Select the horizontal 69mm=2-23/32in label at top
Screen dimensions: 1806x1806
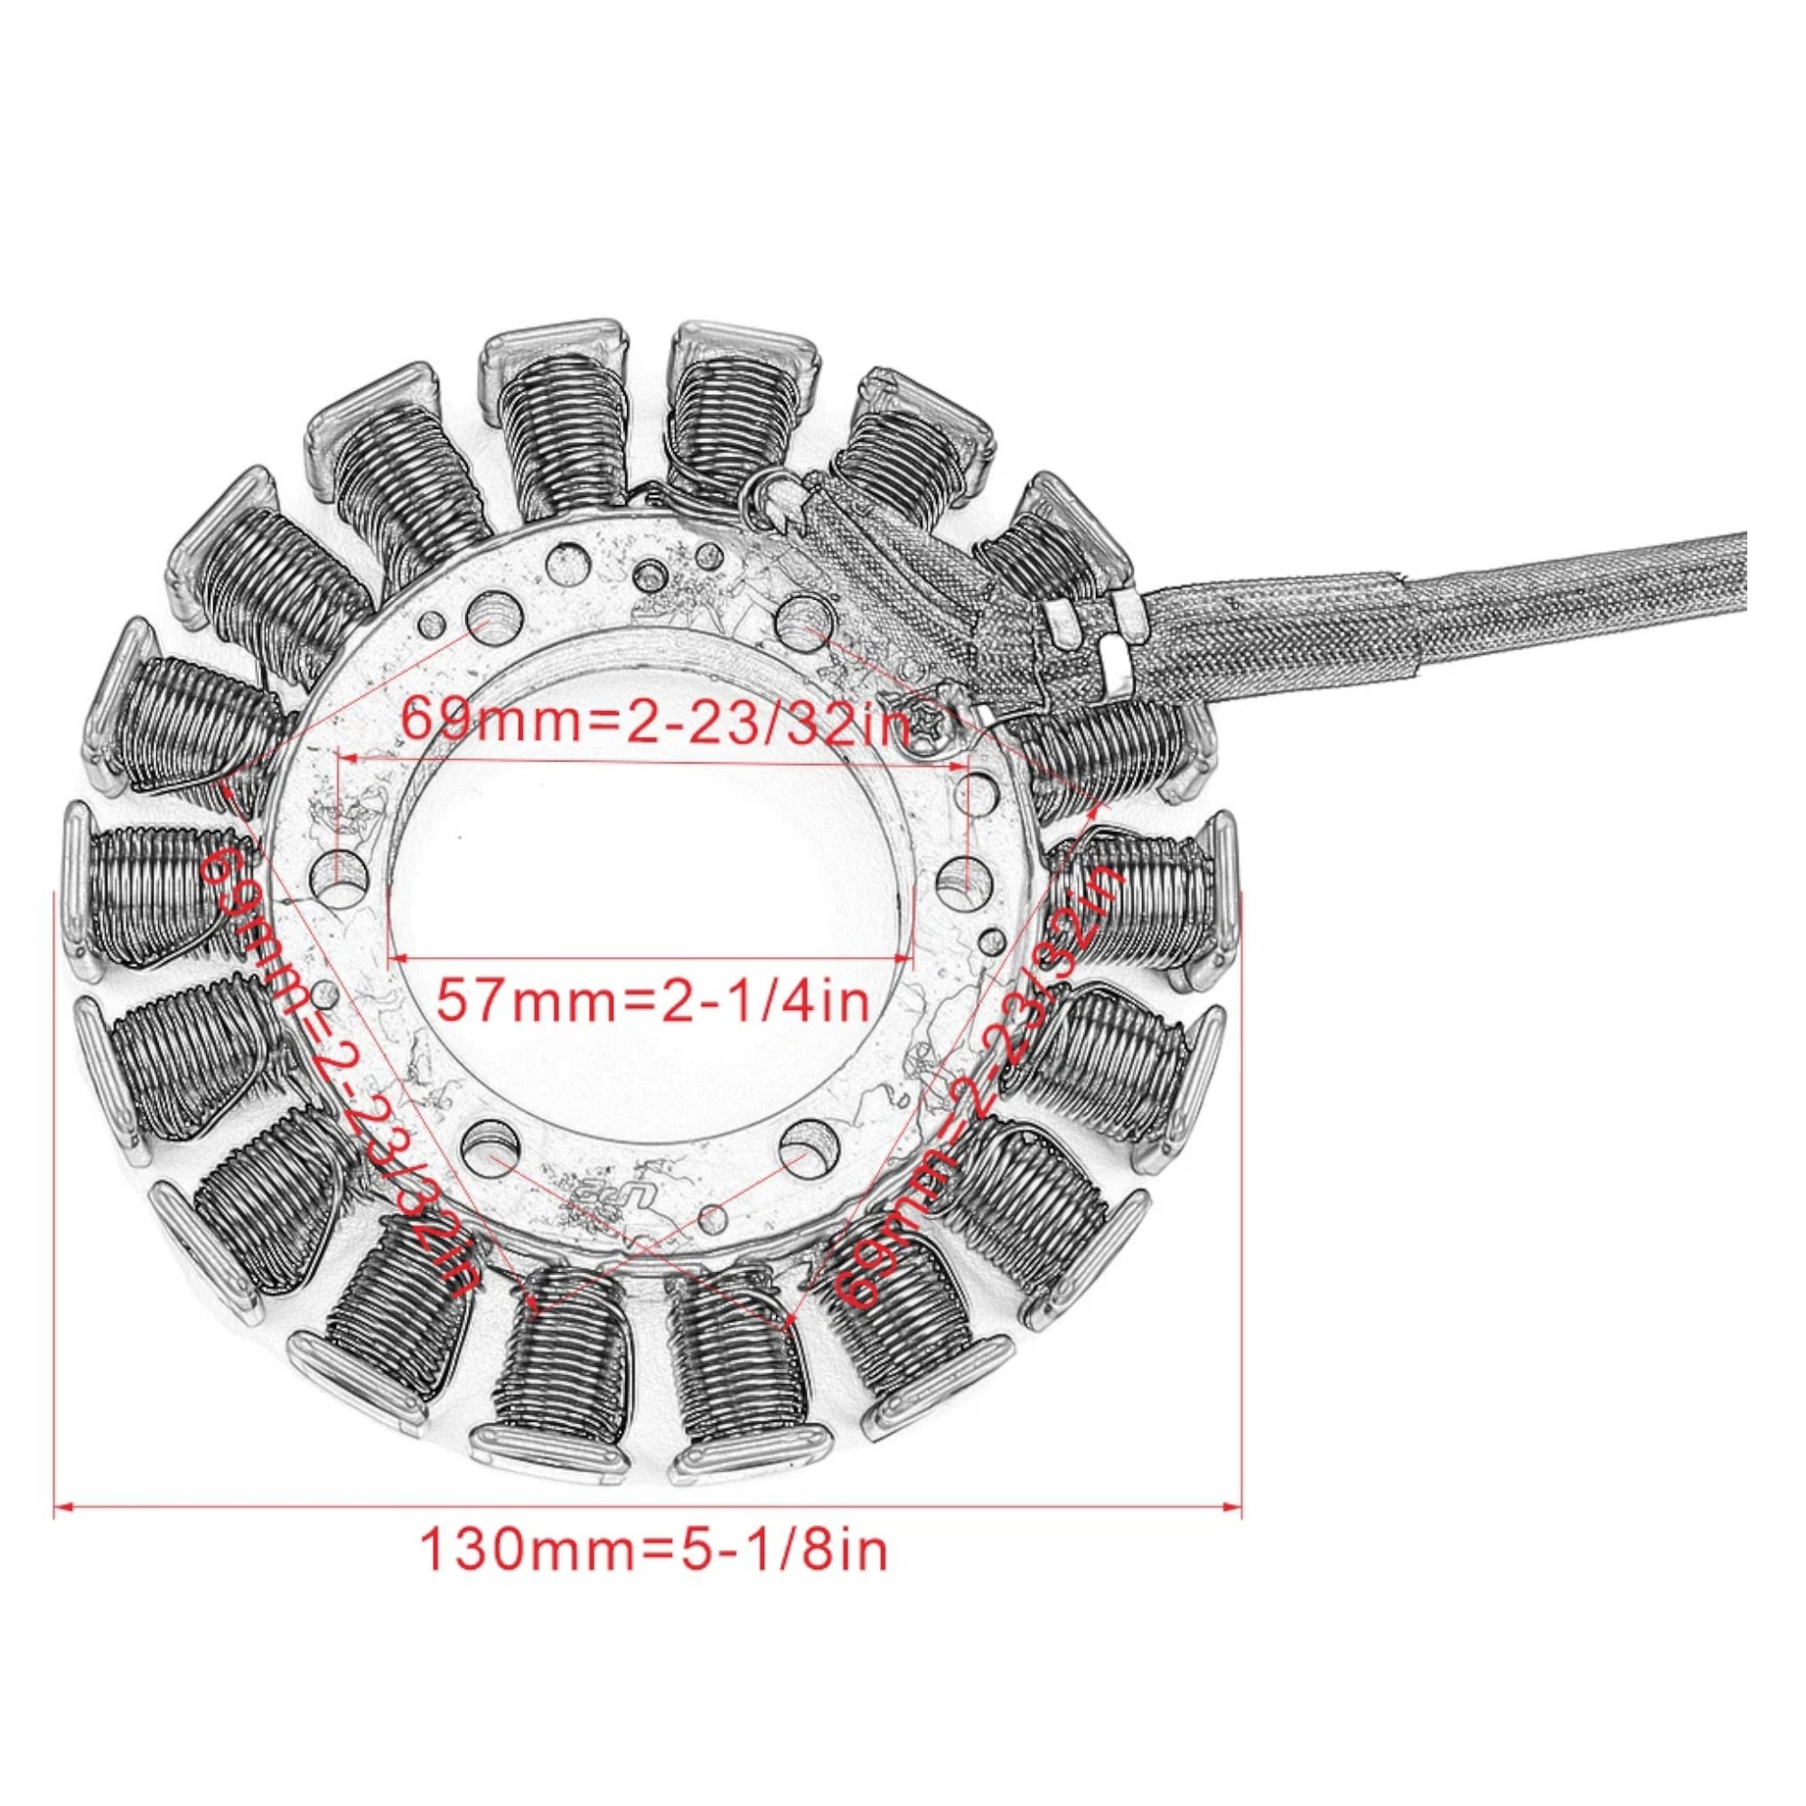click(654, 722)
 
